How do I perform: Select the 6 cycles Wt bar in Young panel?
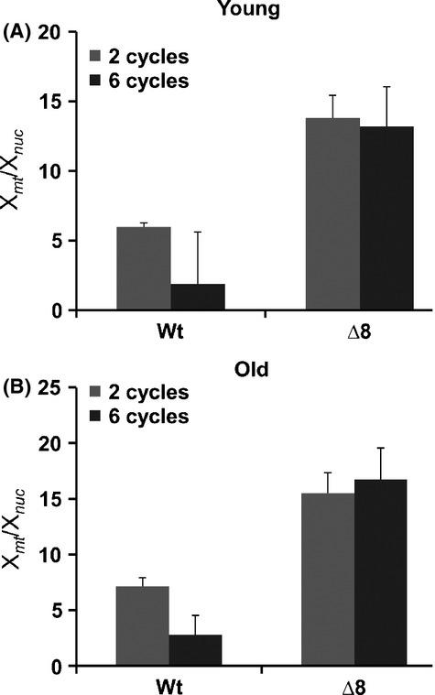[x=197, y=297]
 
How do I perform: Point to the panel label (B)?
[x=21, y=387]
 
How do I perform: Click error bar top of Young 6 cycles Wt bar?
[x=197, y=233]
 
